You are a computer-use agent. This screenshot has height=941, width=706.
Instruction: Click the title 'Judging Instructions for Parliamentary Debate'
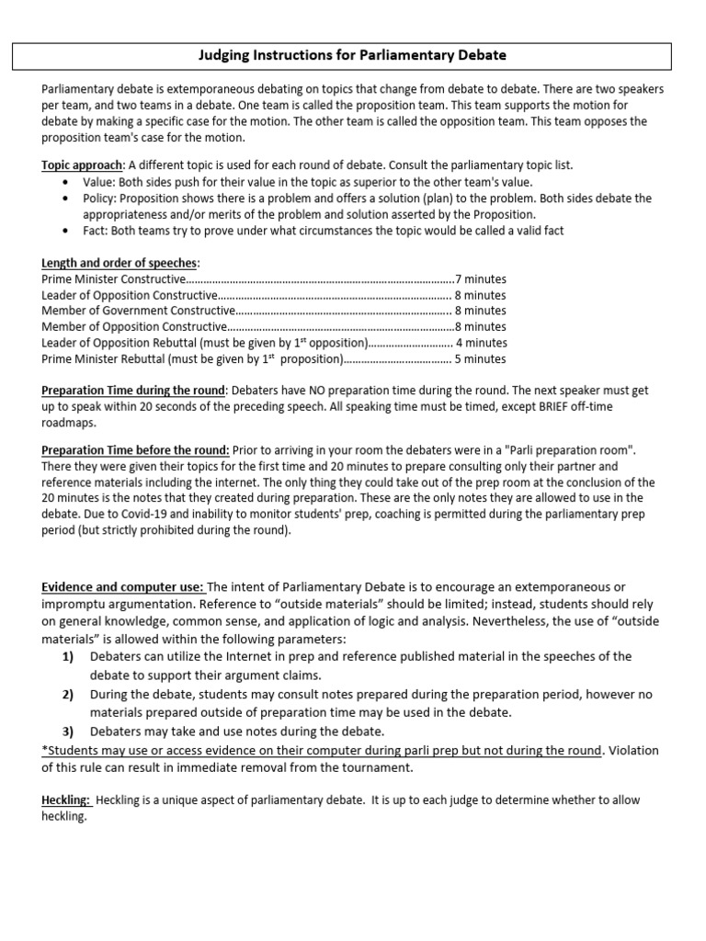(353, 55)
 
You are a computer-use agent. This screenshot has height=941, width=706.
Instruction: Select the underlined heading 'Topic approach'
(82, 165)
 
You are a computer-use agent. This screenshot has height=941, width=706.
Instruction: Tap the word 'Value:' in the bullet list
(99, 182)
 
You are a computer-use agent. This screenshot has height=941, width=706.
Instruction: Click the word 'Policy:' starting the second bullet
(101, 198)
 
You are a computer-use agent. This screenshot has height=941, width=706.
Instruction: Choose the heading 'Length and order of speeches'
(119, 263)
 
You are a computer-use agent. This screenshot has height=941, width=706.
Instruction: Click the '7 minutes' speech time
(481, 279)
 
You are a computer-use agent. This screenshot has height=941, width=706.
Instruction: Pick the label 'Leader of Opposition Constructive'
(129, 295)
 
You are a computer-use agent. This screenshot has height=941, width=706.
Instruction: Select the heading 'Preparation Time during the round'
(133, 391)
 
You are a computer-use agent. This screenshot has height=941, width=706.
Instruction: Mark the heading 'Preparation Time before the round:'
(135, 449)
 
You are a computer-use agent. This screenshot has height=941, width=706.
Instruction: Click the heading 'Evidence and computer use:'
(123, 587)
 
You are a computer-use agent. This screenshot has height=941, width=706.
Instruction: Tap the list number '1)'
(68, 656)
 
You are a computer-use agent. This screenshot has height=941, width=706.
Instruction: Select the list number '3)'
(68, 731)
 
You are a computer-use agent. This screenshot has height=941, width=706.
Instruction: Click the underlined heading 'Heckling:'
(66, 800)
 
